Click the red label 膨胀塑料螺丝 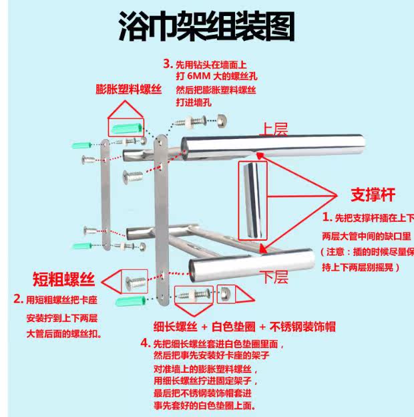124,89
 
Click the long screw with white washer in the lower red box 194,293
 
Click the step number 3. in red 167,65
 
